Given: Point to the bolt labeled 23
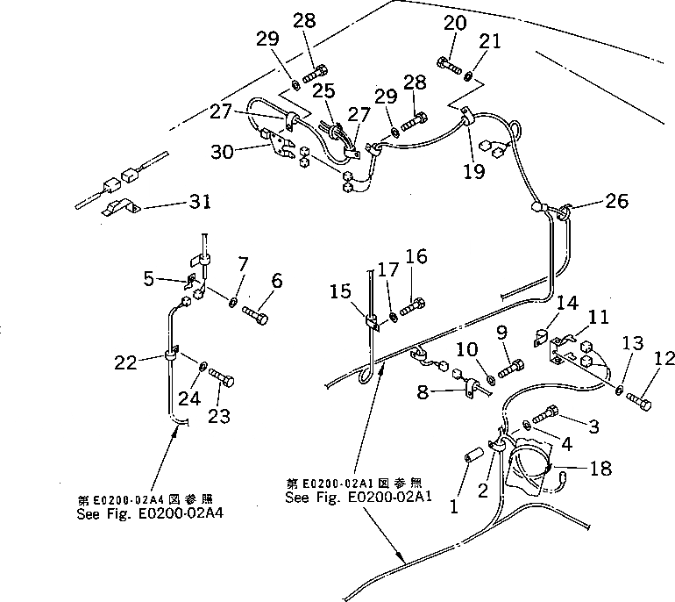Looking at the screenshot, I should (221, 383).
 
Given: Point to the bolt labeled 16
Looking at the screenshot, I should (413, 309).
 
